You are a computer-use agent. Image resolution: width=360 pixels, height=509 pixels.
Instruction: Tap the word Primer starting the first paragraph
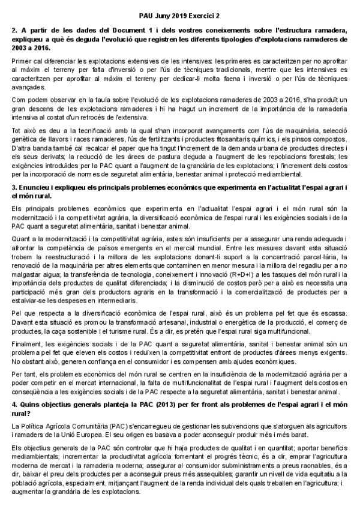click(x=22, y=62)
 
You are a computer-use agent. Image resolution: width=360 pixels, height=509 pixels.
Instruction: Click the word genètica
click(x=24, y=139)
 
